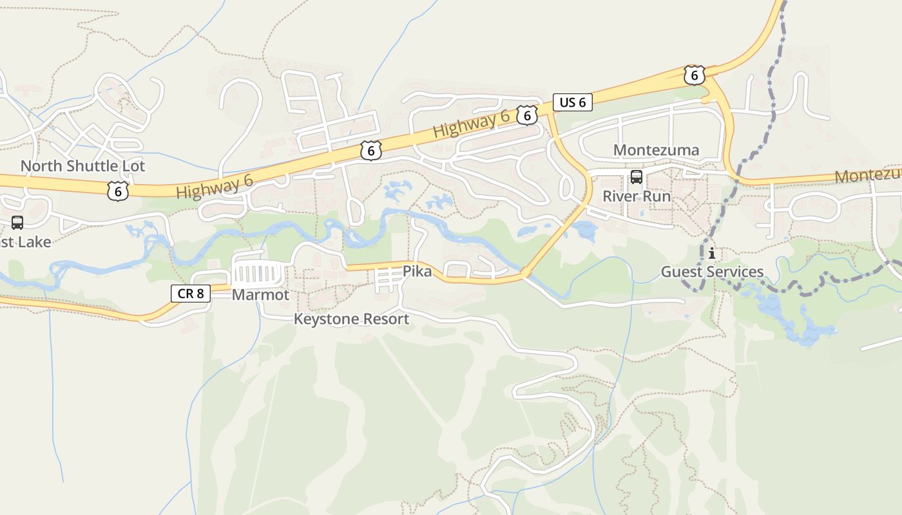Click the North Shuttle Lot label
tap(82, 166)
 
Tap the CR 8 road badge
tap(191, 294)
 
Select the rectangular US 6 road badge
tap(572, 102)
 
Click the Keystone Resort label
tap(351, 319)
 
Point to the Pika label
tap(417, 271)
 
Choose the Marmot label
tap(260, 295)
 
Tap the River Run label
tap(636, 196)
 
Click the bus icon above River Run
tap(636, 176)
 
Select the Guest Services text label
tap(712, 272)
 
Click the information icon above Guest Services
tap(711, 252)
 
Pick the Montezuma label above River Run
tap(656, 151)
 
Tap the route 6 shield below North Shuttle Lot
tap(118, 191)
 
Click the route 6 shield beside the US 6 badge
tap(527, 115)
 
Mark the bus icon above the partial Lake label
tap(17, 223)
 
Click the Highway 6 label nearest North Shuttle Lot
tap(214, 187)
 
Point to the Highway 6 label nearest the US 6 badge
tap(471, 124)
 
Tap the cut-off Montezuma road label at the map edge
tap(868, 175)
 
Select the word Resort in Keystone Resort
tap(385, 319)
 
